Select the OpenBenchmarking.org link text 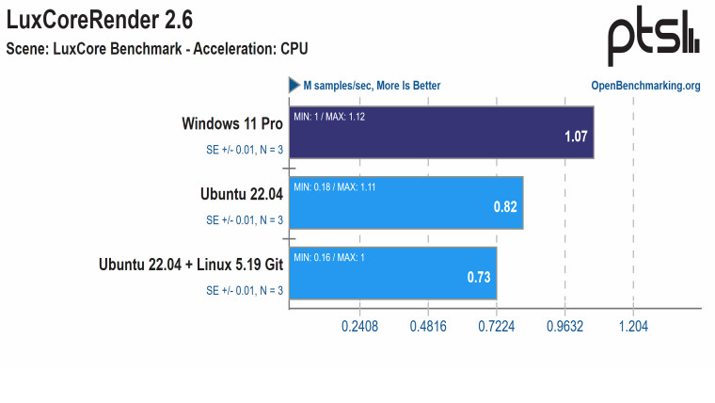(x=645, y=86)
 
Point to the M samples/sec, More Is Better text (x=372, y=86)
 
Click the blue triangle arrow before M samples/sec (x=294, y=85)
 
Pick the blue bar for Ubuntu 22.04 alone (x=405, y=202)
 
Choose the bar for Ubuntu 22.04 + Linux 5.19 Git (x=392, y=273)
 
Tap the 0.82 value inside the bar (x=506, y=207)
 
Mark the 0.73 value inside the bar (x=480, y=278)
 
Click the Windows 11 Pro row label (x=232, y=123)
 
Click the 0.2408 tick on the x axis (x=359, y=327)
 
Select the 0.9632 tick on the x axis (x=564, y=327)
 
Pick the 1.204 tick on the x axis (x=633, y=327)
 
